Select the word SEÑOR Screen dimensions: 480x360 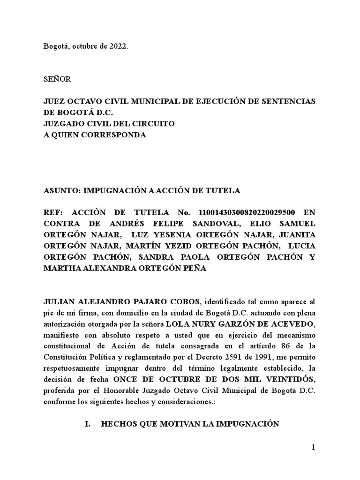coord(57,79)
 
